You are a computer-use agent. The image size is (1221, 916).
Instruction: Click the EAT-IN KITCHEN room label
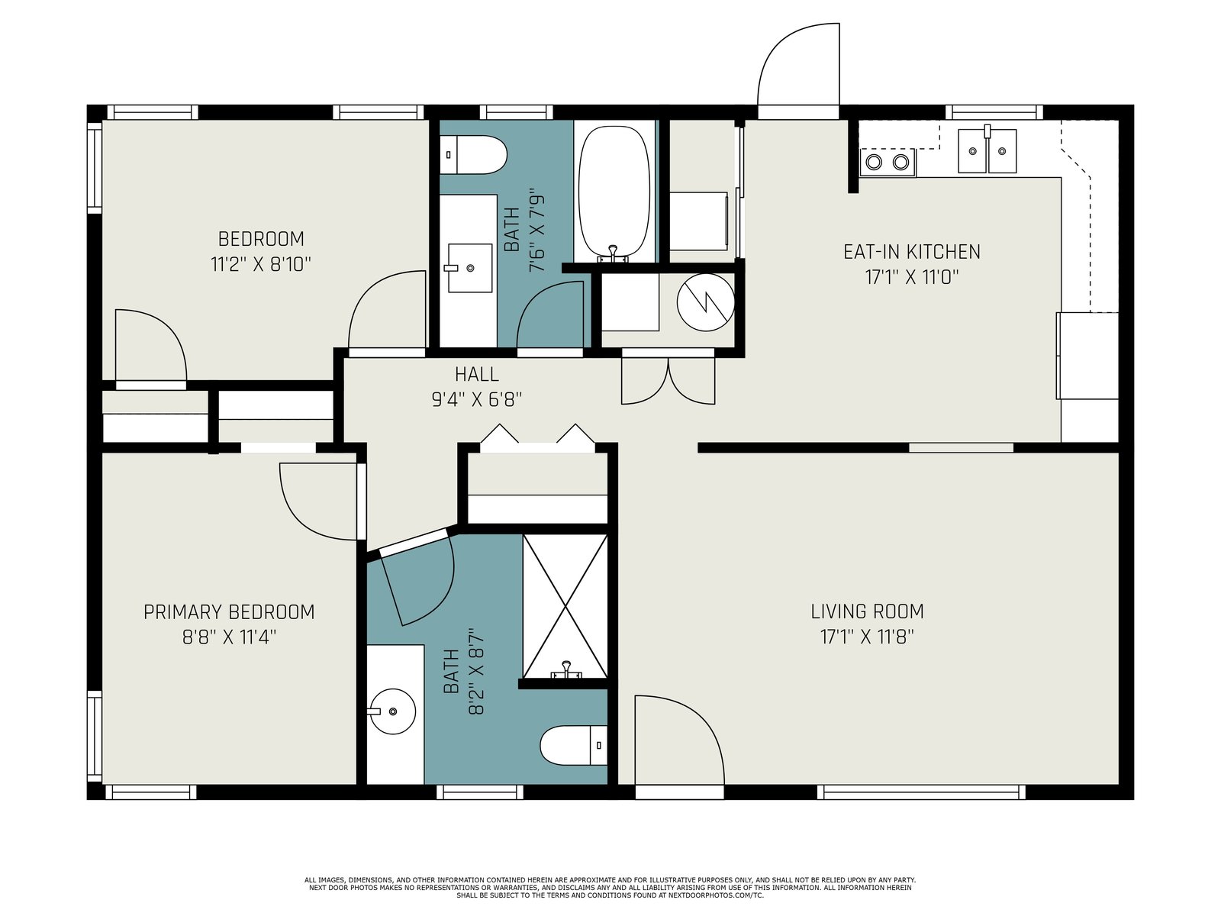(912, 252)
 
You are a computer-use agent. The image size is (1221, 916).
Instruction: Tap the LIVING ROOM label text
(867, 611)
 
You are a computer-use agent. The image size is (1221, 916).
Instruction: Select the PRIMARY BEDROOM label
(229, 612)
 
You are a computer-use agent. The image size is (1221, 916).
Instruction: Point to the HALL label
(477, 374)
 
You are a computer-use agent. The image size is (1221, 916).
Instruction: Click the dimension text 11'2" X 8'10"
(261, 264)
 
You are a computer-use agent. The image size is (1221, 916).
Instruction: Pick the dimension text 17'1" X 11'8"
(867, 637)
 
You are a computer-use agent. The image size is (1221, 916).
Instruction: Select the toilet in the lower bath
(574, 745)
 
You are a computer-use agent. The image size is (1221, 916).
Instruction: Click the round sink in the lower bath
(392, 711)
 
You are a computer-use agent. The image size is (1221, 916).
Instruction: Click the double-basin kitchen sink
(987, 150)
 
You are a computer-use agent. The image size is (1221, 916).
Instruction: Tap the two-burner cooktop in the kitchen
(888, 163)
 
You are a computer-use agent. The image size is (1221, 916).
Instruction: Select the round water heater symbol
(706, 303)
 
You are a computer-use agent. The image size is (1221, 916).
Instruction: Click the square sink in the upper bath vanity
(470, 267)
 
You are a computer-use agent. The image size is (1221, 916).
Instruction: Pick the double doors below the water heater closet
(668, 381)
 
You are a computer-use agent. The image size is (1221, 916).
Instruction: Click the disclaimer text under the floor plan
(610, 888)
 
